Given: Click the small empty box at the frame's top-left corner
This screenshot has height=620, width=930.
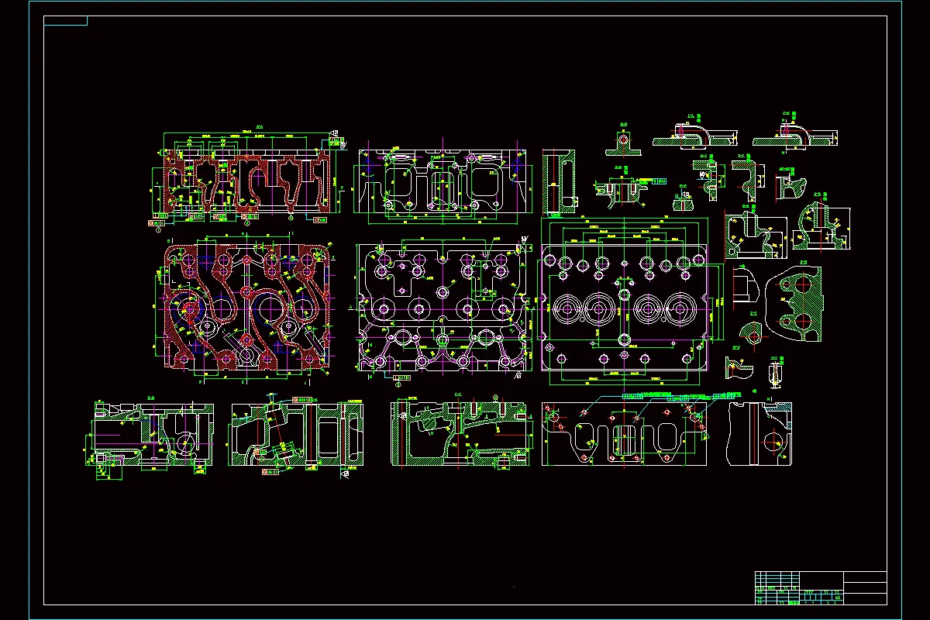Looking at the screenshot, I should coord(66,21).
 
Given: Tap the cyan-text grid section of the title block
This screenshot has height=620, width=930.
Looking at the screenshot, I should coord(777,588).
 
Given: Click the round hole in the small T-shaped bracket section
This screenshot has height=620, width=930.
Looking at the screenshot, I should coord(623,139).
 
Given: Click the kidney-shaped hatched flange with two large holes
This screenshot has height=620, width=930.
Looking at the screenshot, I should coord(797,303).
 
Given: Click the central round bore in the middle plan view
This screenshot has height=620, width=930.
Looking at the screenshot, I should coord(443,292).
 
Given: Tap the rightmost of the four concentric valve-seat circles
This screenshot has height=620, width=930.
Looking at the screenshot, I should coord(684,308).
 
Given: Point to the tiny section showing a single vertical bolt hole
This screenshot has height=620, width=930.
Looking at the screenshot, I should coord(774,374).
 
